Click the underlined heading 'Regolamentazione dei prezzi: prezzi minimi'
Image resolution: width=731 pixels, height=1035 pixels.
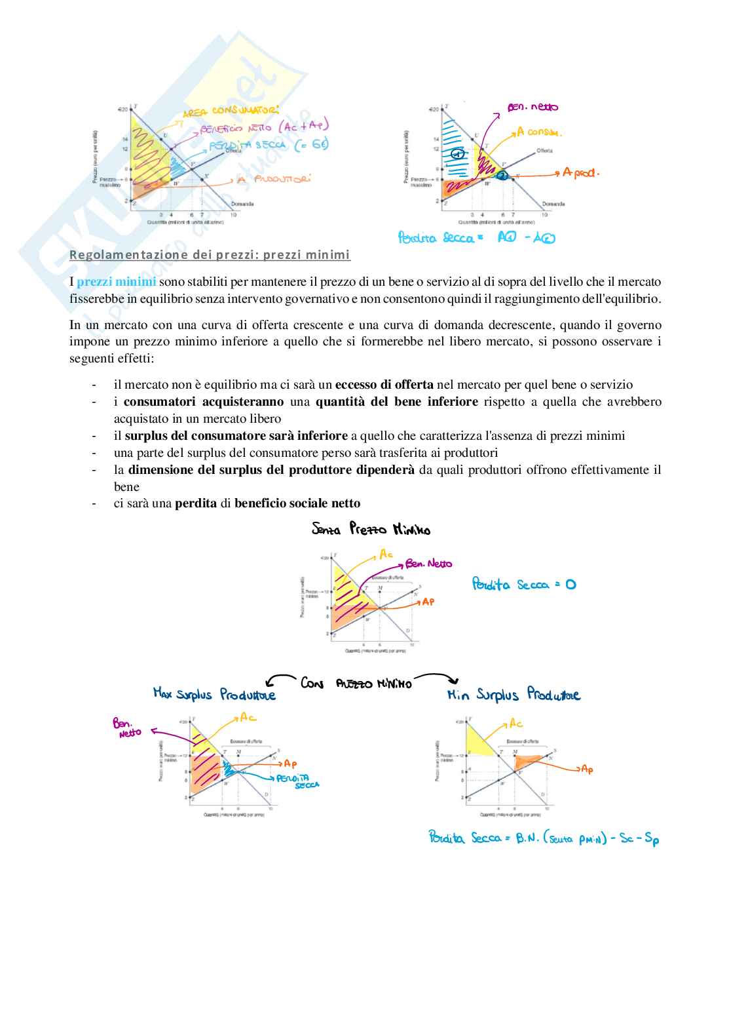click(210, 254)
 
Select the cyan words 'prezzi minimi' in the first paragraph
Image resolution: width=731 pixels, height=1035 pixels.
click(116, 282)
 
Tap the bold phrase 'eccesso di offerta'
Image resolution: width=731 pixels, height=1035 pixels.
click(384, 385)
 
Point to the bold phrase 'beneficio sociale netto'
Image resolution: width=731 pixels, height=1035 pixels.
click(297, 503)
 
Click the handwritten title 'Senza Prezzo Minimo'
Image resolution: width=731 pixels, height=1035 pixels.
click(371, 529)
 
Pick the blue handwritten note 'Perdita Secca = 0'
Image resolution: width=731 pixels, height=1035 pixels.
click(523, 584)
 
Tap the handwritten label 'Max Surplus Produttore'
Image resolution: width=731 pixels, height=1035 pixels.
click(214, 694)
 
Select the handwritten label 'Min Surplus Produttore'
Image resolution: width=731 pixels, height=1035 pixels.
click(514, 695)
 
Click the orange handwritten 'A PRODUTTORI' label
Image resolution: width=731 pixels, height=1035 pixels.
click(273, 179)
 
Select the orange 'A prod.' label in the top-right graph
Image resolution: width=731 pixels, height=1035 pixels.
click(580, 172)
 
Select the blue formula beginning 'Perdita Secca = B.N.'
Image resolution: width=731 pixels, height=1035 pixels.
click(544, 838)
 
